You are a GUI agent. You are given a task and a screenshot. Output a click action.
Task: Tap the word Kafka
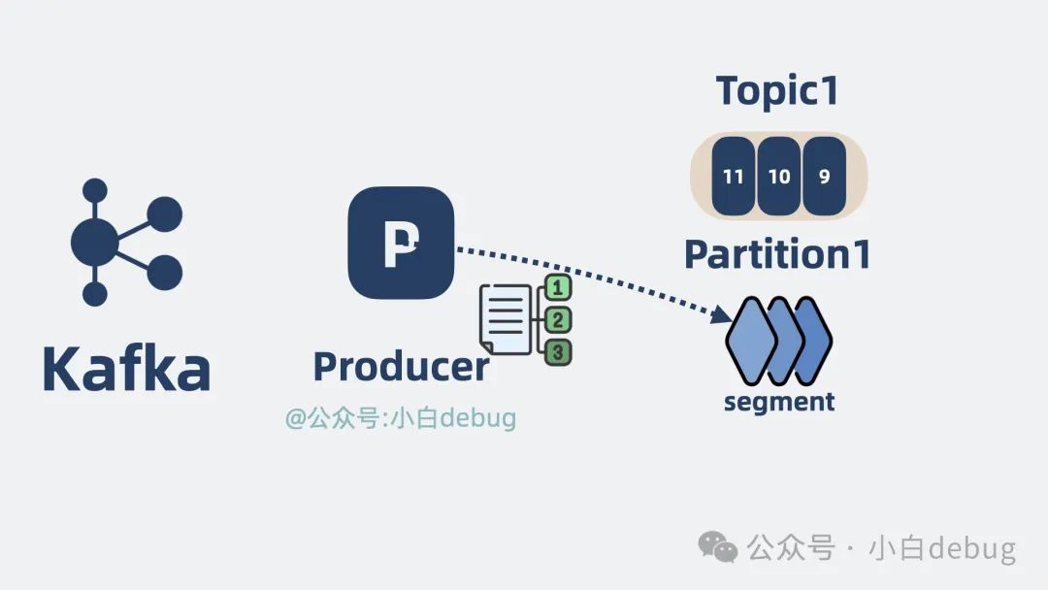(126, 369)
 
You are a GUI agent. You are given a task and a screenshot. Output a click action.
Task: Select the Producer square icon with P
(401, 243)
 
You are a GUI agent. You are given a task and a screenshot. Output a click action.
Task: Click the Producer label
(400, 367)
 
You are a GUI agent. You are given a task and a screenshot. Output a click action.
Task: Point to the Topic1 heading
(777, 90)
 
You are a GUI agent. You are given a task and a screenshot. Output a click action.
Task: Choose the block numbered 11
(734, 177)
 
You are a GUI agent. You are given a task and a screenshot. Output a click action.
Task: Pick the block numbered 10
(779, 177)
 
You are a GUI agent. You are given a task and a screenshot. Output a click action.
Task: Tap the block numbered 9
(825, 177)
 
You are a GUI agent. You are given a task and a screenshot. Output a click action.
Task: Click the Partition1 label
(777, 254)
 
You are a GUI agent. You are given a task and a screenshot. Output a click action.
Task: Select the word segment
(779, 401)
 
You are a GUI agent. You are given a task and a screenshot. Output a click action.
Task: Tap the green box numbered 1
(558, 288)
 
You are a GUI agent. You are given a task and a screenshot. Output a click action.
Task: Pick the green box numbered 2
(558, 320)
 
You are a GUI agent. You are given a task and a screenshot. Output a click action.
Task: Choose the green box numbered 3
(558, 351)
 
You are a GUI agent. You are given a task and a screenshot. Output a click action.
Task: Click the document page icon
(506, 319)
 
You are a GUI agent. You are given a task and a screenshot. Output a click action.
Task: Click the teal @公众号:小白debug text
(400, 418)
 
